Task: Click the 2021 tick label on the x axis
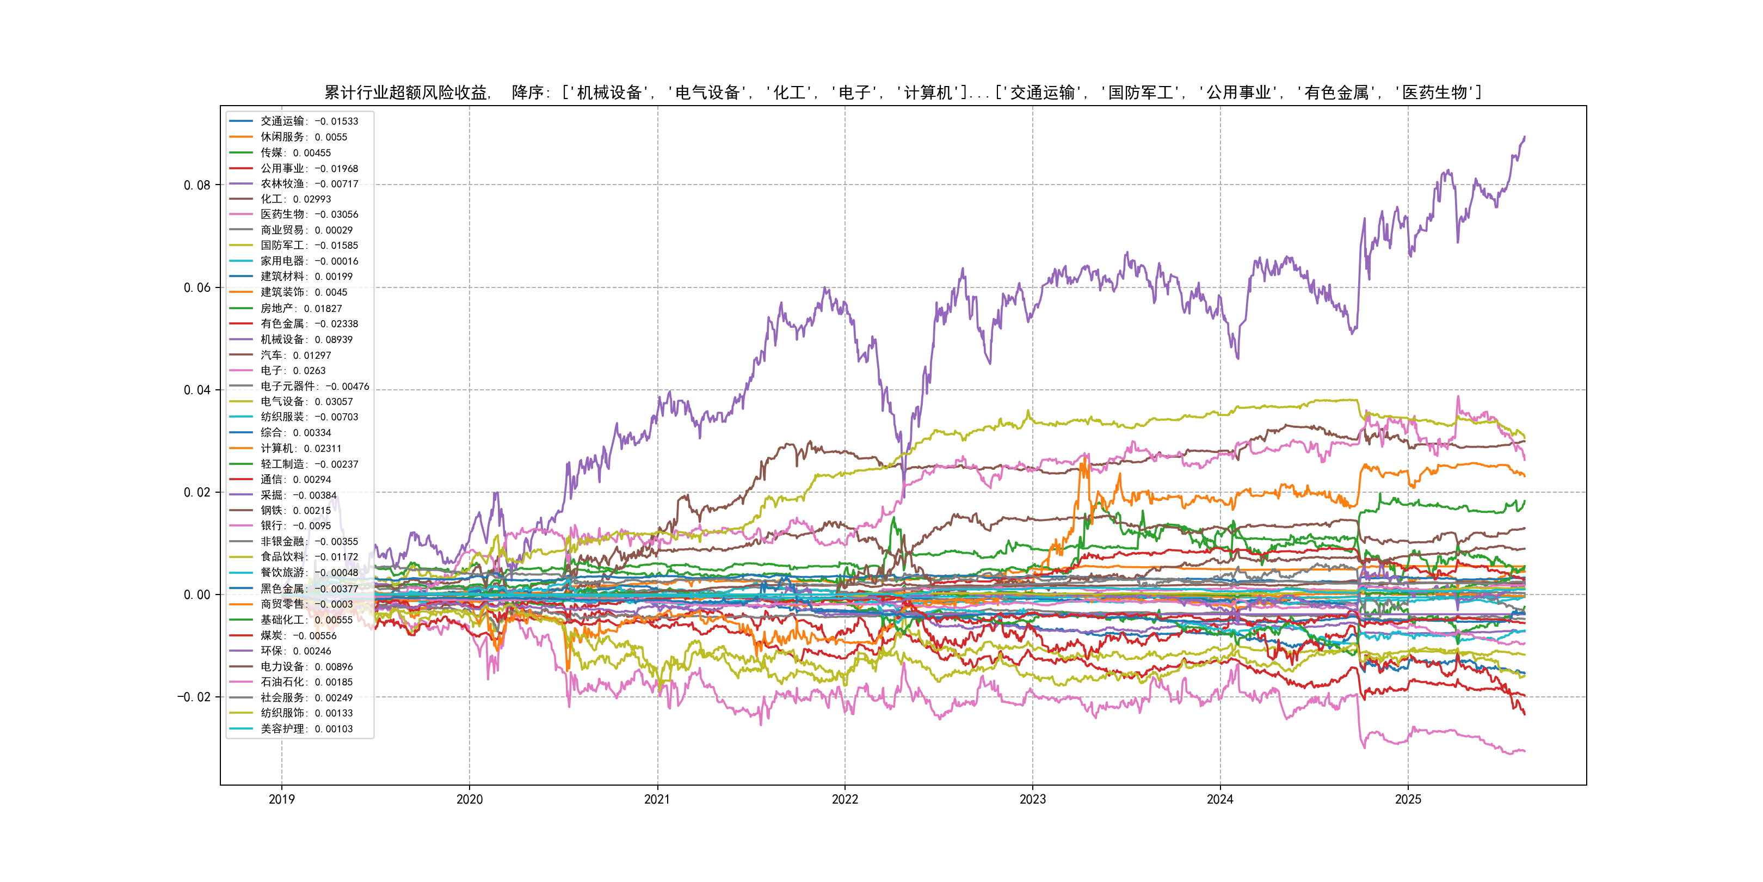[657, 799]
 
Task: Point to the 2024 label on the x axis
[1219, 799]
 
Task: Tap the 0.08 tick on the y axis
[197, 185]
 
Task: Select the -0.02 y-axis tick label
[194, 697]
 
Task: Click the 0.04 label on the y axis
[197, 390]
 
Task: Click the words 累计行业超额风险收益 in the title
[405, 93]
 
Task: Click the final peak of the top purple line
[1524, 137]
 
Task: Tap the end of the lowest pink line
[1524, 751]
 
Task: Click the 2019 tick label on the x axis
[281, 799]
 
